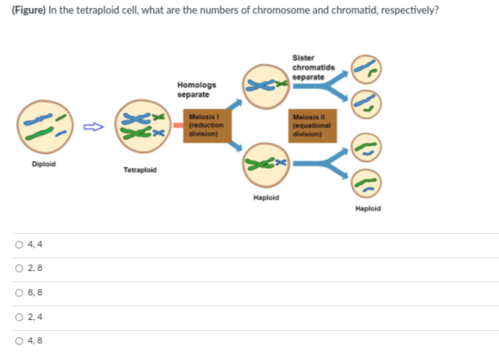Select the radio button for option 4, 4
point(17,244)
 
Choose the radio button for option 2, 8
point(17,268)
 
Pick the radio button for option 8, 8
point(17,293)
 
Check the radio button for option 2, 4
point(17,317)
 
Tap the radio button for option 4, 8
point(17,342)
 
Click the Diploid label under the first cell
point(43,164)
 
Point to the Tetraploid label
point(140,171)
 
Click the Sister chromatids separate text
point(306,68)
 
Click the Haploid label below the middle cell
point(266,197)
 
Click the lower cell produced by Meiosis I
point(266,164)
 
